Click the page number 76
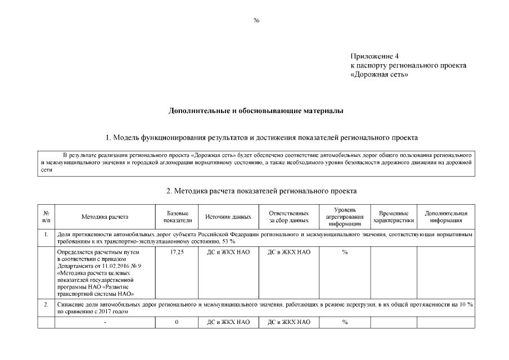coord(256,20)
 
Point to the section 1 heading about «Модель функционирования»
coord(262,137)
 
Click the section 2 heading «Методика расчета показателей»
coord(262,191)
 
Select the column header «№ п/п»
coord(46,217)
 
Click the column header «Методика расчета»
coord(105,217)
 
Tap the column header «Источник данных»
coord(228,217)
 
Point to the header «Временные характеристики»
coord(393,217)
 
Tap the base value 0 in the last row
coord(177,322)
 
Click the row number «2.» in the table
coord(46,304)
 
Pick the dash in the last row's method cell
coord(105,323)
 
